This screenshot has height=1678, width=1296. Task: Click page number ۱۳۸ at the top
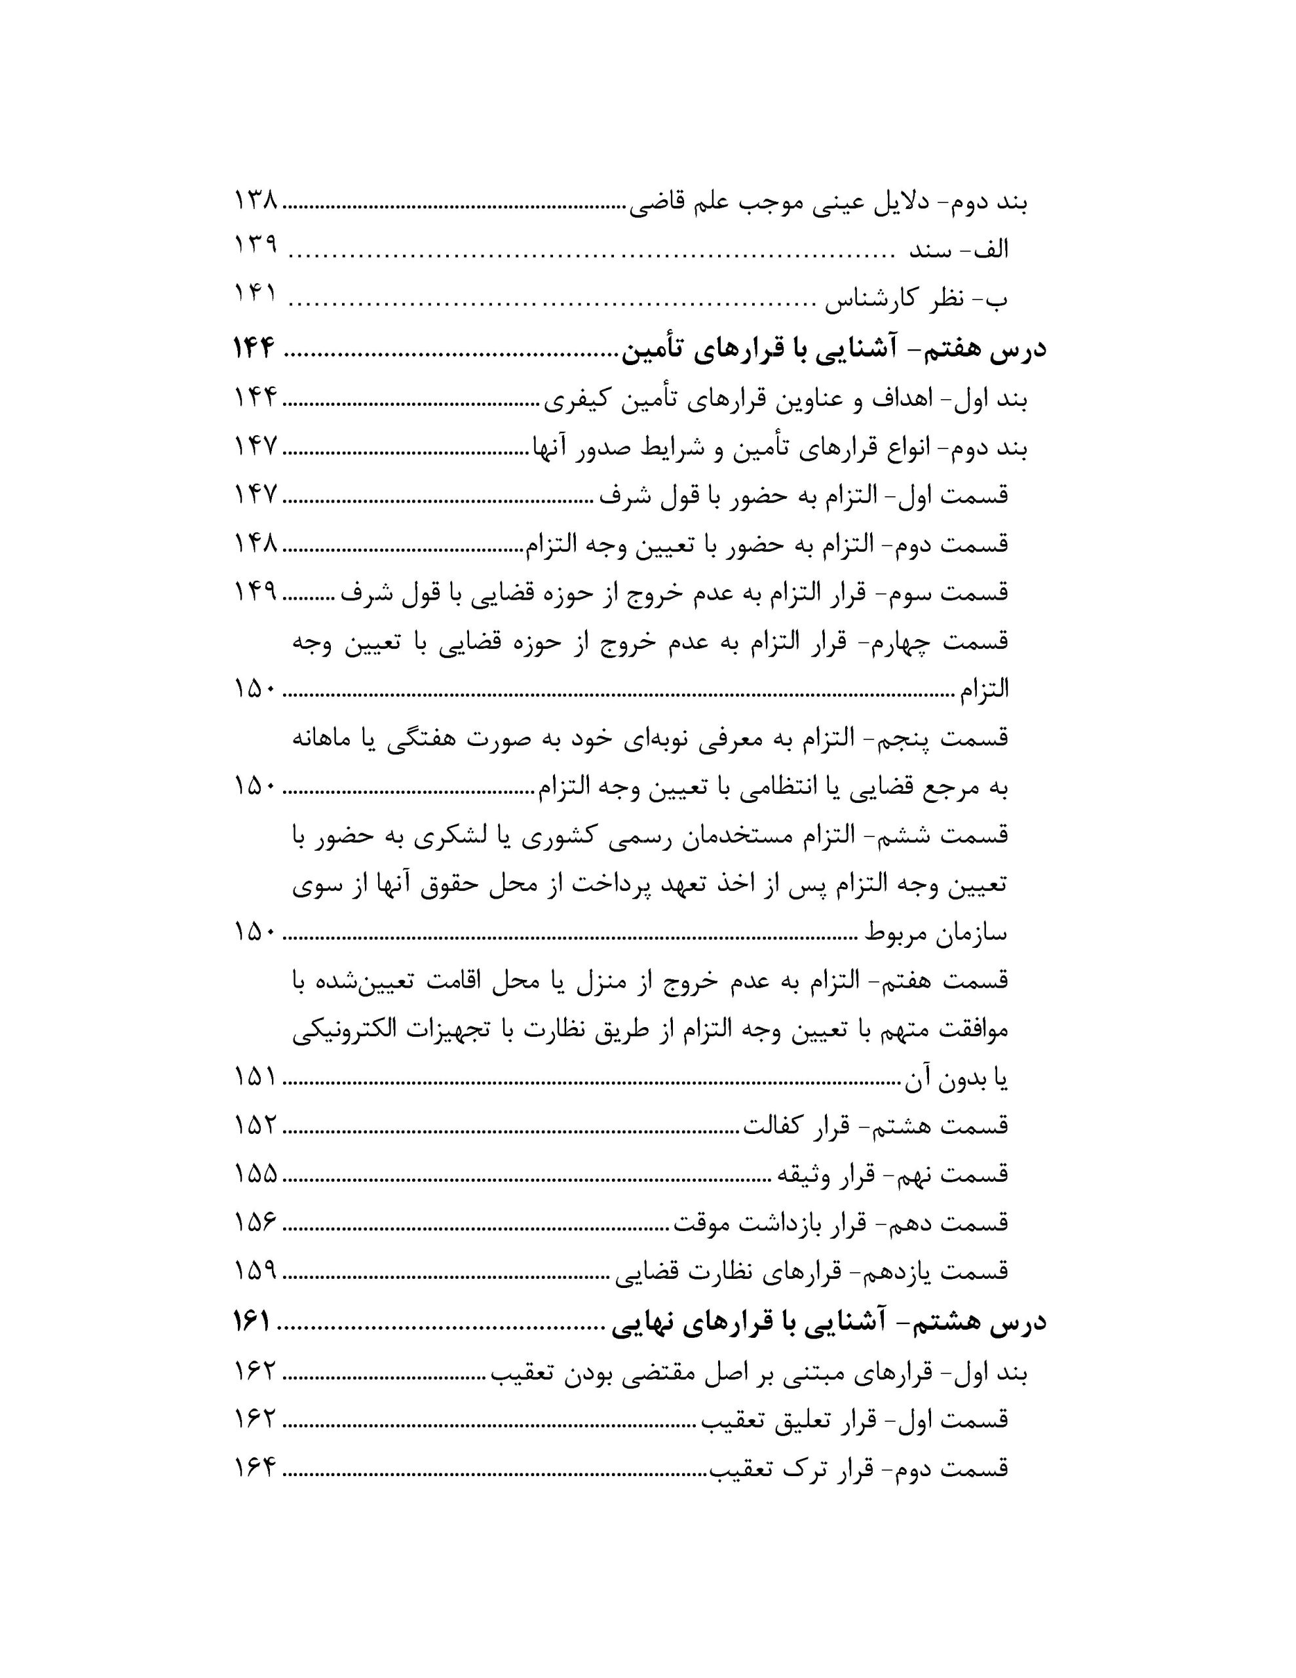[x=255, y=203]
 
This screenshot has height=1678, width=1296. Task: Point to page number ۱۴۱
[x=255, y=295]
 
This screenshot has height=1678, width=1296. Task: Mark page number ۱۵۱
[x=255, y=1077]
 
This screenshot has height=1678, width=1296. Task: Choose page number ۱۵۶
[x=255, y=1222]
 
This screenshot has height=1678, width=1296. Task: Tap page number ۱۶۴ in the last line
[x=255, y=1469]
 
